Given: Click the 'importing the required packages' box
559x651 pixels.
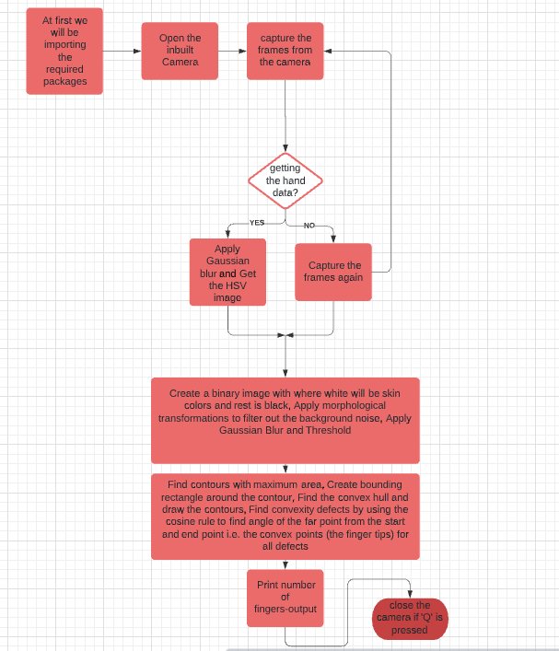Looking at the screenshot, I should click(64, 51).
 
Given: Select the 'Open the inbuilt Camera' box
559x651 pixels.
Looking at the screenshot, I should click(180, 51).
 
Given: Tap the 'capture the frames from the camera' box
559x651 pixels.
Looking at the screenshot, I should click(285, 51).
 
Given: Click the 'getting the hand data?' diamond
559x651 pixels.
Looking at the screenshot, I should click(285, 180).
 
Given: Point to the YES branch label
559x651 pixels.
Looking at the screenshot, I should click(257, 223).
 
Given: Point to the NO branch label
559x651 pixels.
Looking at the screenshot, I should click(309, 226).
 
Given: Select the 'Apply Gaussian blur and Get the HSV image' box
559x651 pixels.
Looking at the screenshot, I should click(227, 273).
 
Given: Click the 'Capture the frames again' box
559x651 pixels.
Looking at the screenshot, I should click(333, 272).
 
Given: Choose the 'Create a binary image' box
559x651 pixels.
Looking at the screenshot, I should click(285, 419).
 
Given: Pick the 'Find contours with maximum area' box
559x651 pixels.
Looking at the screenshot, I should click(285, 516).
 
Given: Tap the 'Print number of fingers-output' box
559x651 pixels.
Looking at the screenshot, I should click(285, 597).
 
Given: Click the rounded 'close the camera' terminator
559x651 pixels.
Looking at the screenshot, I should click(409, 617).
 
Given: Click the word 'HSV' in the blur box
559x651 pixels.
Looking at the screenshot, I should click(227, 285).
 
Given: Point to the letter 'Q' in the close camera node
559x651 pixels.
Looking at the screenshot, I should click(425, 618).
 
